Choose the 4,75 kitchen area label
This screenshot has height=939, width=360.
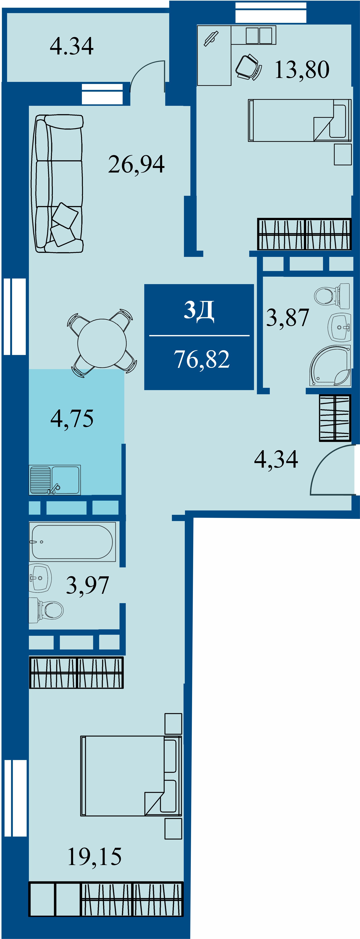[72, 418]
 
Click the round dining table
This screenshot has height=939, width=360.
[102, 343]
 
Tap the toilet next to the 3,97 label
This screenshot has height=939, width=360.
[46, 610]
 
